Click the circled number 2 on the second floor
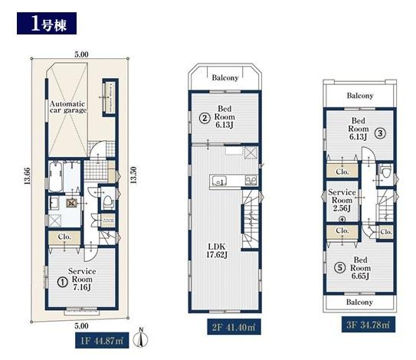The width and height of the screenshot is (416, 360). [x=205, y=117]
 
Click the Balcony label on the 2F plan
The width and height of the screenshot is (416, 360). [x=224, y=77]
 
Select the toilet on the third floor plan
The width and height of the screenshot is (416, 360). [x=385, y=174]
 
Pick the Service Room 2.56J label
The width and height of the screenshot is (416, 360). [x=342, y=199]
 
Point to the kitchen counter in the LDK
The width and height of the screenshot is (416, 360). [x=229, y=180]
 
